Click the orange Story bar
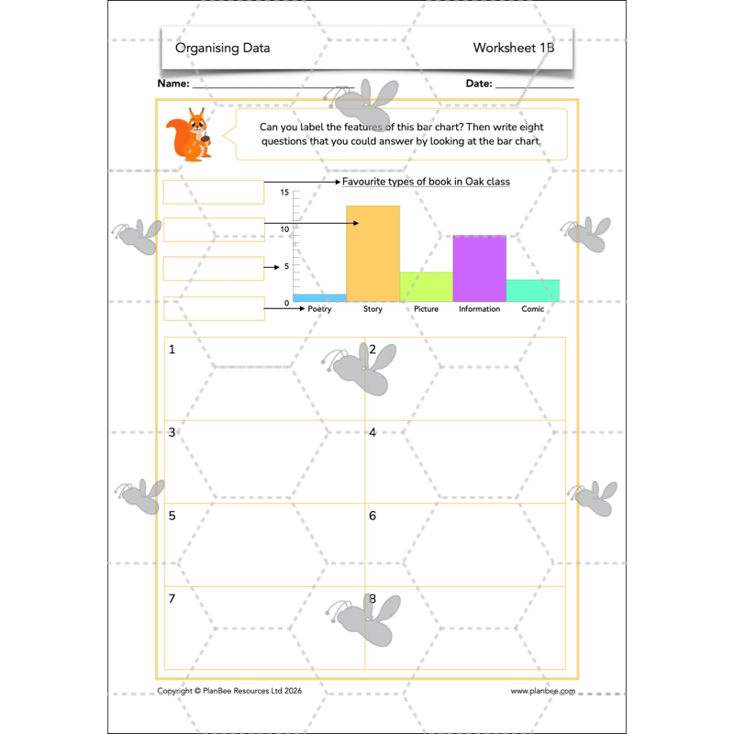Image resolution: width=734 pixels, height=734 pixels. [x=373, y=253]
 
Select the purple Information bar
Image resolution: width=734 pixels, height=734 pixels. [x=479, y=268]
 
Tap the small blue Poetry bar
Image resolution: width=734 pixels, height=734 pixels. [x=319, y=297]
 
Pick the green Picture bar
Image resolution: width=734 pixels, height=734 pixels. [x=426, y=286]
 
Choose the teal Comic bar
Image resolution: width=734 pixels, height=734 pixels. [x=533, y=290]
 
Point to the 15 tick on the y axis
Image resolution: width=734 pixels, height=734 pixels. [x=284, y=193]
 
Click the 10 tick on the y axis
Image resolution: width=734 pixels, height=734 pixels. [x=284, y=229]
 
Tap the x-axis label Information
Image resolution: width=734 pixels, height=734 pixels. [x=479, y=309]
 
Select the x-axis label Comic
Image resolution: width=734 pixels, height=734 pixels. [x=533, y=309]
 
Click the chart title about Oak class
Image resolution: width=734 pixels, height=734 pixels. [x=426, y=182]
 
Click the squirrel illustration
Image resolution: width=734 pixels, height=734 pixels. [x=190, y=136]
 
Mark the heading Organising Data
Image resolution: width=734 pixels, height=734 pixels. [x=222, y=48]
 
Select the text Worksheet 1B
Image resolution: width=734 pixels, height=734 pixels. [x=514, y=48]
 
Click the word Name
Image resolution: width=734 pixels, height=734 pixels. [x=173, y=83]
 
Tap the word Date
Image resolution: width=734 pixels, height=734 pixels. [x=479, y=83]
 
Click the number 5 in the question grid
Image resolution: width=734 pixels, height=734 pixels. [x=172, y=516]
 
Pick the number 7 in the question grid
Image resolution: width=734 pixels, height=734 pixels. [x=172, y=599]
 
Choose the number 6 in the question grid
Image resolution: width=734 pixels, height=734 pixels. [x=373, y=516]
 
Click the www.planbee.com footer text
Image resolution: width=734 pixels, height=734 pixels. [x=543, y=691]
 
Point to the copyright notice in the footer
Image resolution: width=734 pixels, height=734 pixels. [x=229, y=691]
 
